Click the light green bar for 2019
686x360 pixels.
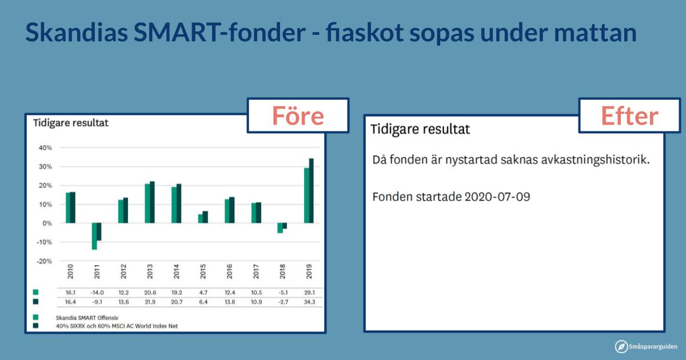[306, 195]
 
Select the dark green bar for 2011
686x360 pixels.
[99, 232]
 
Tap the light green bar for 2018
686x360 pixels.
[280, 228]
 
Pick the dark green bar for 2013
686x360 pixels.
[152, 202]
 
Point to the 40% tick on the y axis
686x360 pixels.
[45, 148]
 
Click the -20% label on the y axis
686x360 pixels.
[45, 262]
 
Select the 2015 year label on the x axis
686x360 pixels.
[203, 271]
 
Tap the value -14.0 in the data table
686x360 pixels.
[97, 293]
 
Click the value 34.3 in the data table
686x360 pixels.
[309, 302]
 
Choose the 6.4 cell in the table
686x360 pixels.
[204, 302]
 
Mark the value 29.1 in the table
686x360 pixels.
[309, 293]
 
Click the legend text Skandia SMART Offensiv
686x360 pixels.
[87, 318]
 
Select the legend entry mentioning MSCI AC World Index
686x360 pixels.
[117, 326]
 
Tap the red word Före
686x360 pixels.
[298, 115]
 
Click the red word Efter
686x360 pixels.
[629, 115]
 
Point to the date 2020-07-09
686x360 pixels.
[497, 197]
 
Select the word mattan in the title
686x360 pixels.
[595, 33]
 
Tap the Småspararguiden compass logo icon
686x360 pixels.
[621, 346]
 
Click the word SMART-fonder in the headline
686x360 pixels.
[220, 32]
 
